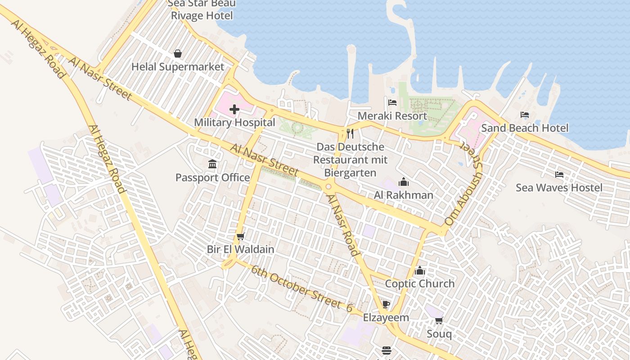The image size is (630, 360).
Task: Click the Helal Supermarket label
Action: point(178,67)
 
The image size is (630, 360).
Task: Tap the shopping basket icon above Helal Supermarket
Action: point(178,54)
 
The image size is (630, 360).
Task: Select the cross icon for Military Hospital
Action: point(234,109)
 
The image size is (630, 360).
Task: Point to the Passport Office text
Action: point(212,178)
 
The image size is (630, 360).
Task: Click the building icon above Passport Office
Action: point(212,164)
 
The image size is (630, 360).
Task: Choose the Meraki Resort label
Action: point(392,116)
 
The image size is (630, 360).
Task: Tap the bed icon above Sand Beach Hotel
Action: point(525,115)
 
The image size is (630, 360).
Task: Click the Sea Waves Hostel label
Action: point(559,188)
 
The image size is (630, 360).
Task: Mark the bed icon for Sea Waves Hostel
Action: point(559,175)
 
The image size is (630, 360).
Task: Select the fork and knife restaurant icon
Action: point(350,134)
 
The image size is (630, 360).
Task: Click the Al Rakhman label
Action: point(404,195)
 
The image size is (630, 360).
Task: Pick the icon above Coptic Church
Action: point(420,270)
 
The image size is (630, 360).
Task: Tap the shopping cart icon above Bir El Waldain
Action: point(240,236)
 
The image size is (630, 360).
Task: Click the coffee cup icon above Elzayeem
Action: point(386,304)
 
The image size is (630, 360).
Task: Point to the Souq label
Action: point(439,334)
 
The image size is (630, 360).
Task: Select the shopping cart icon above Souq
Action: point(439,320)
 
